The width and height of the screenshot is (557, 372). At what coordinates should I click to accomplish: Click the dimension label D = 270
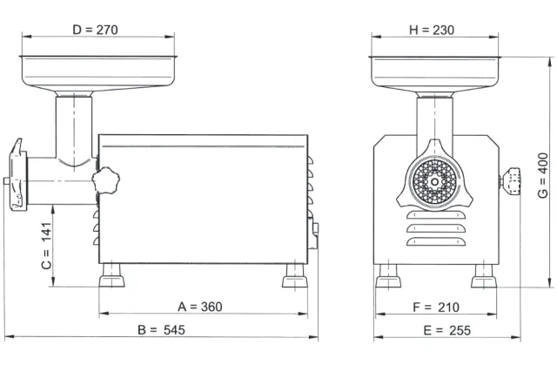tap(95, 30)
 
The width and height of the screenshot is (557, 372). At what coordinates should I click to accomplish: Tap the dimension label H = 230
tap(432, 30)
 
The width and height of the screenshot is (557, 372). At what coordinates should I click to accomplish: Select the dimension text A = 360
tap(200, 307)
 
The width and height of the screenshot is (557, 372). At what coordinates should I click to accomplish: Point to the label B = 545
tap(161, 330)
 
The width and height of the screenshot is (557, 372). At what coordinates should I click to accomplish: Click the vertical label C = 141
tap(46, 246)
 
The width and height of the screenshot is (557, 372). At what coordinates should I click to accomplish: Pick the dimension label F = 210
tap(436, 308)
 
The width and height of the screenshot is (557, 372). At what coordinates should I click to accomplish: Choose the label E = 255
tap(446, 330)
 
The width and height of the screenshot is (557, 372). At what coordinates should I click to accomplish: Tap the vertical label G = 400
tap(543, 176)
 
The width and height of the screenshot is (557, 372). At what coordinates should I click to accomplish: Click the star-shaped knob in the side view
tap(106, 180)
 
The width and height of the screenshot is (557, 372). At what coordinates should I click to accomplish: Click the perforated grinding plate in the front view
tap(434, 182)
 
